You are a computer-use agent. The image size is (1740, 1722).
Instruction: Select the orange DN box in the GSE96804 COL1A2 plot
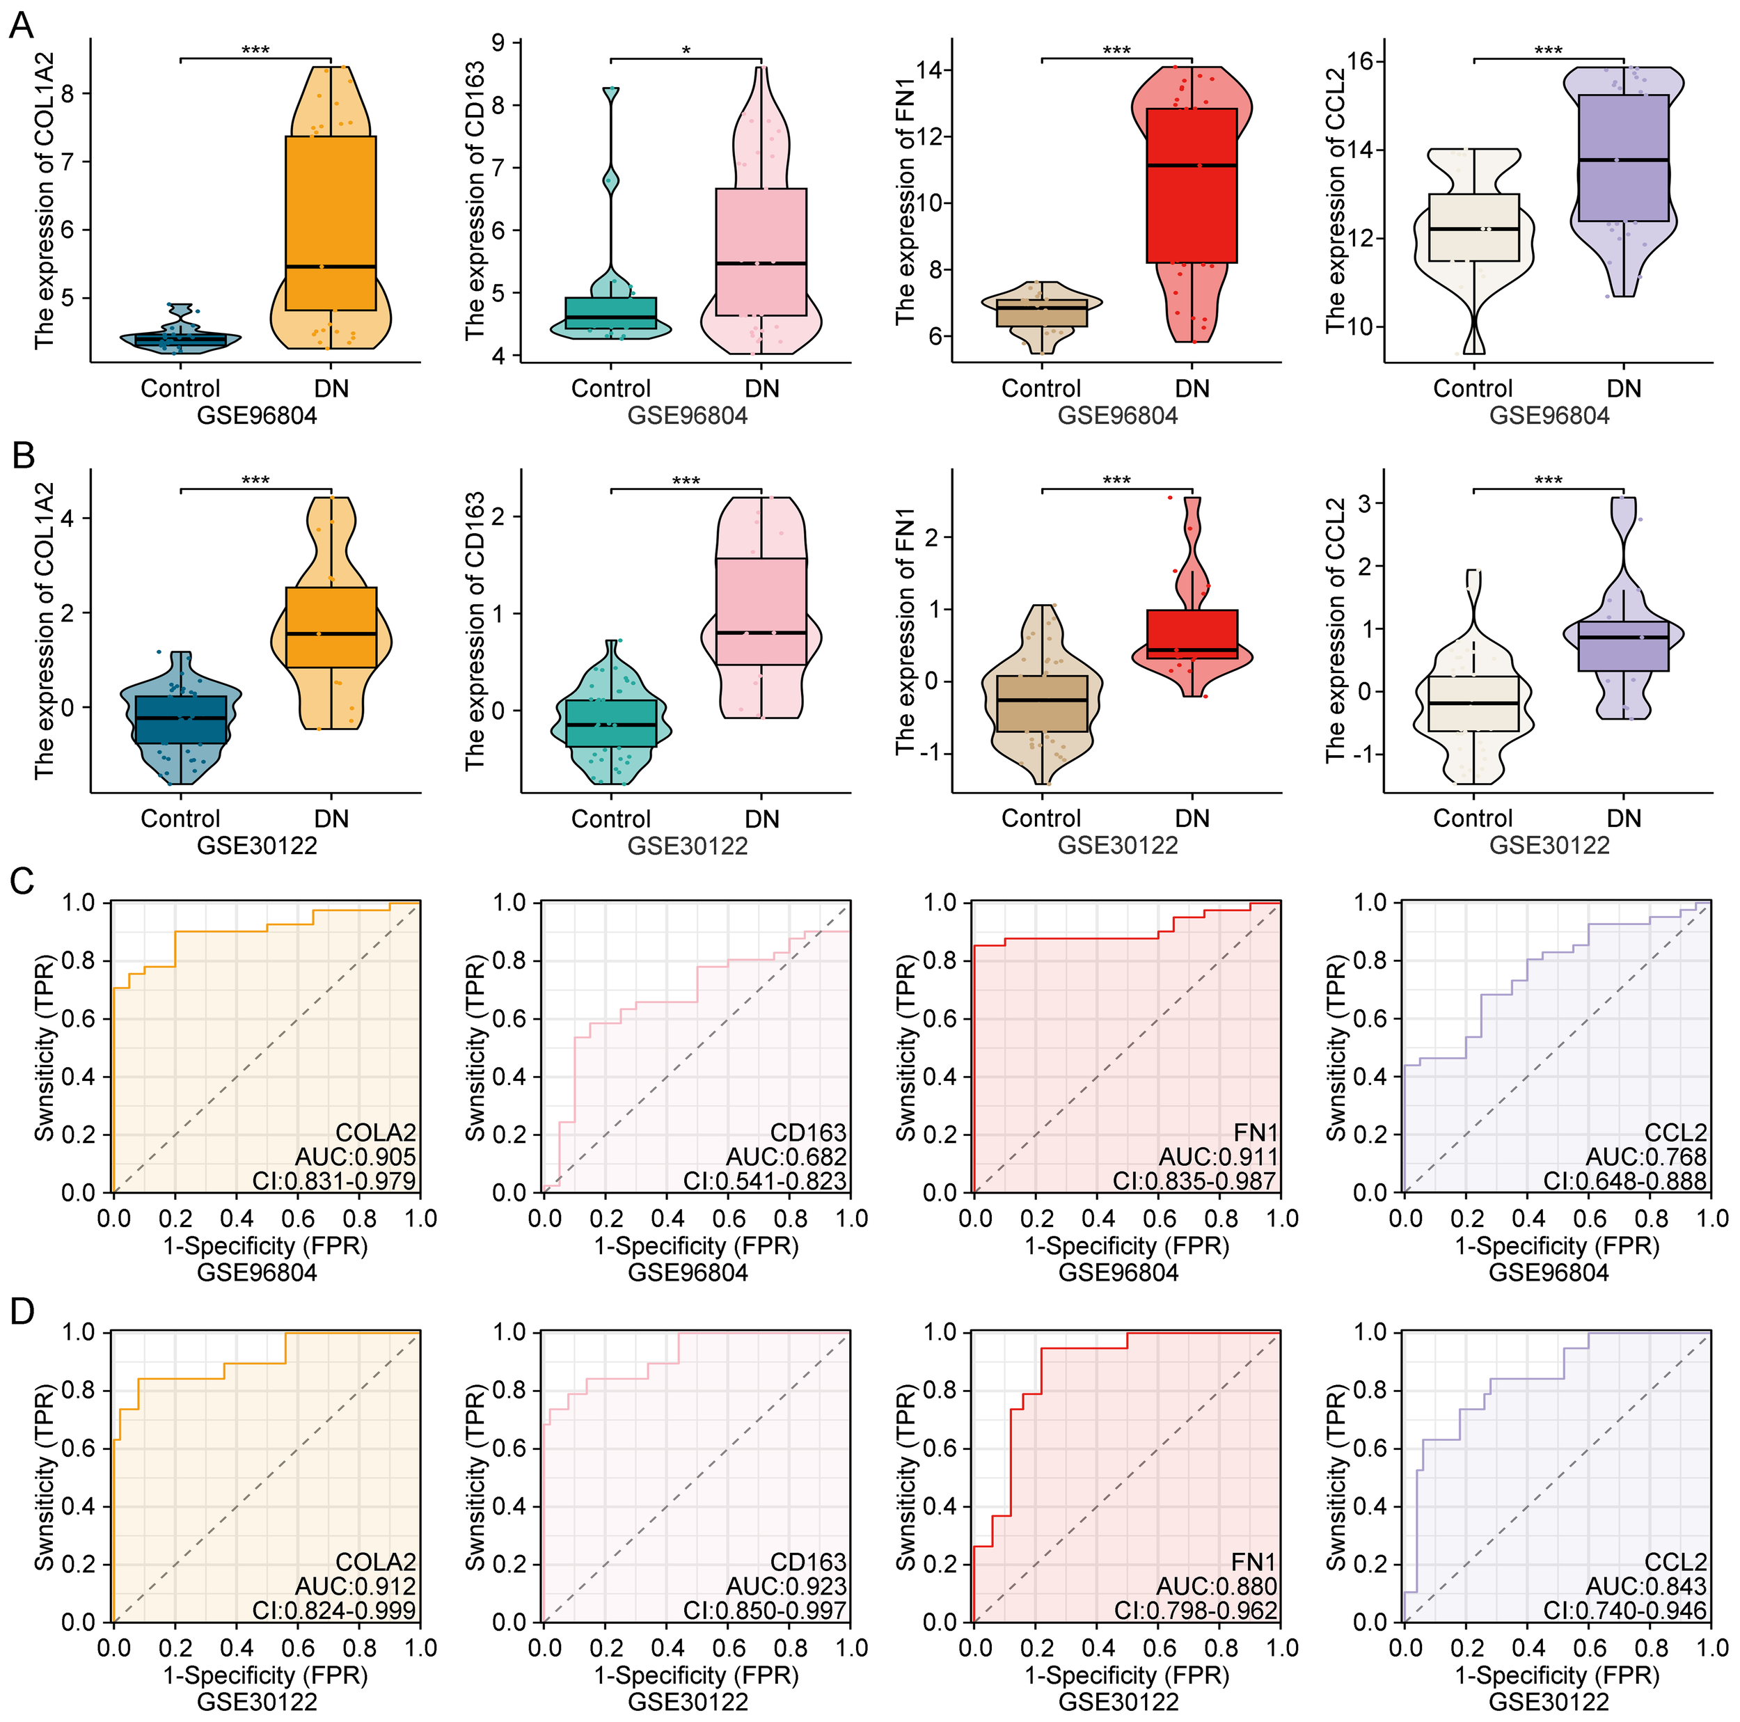[x=331, y=223]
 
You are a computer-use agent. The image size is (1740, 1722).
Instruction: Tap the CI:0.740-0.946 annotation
[x=1626, y=1611]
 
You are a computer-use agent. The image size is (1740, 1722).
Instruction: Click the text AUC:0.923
[x=786, y=1586]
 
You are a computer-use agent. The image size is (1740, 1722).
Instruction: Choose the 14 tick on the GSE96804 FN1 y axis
[x=931, y=70]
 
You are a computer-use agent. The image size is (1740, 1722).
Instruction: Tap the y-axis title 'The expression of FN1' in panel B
[x=905, y=631]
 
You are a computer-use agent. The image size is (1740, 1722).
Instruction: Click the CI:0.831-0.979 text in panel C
[x=333, y=1180]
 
